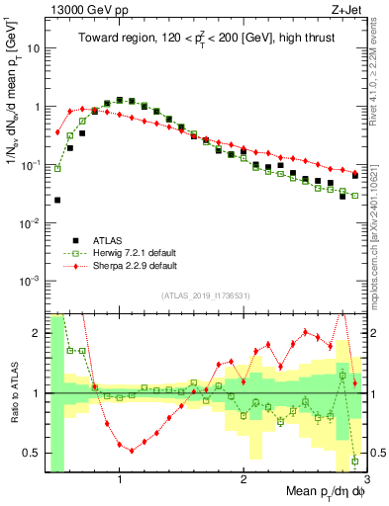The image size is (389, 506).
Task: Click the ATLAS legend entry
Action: (x=108, y=239)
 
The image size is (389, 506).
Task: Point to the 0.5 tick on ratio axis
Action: (x=36, y=454)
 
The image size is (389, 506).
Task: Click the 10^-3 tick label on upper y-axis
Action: (x=34, y=282)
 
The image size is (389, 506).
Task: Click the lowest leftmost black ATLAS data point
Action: (x=57, y=200)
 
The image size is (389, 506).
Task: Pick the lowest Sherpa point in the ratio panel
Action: (x=132, y=450)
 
